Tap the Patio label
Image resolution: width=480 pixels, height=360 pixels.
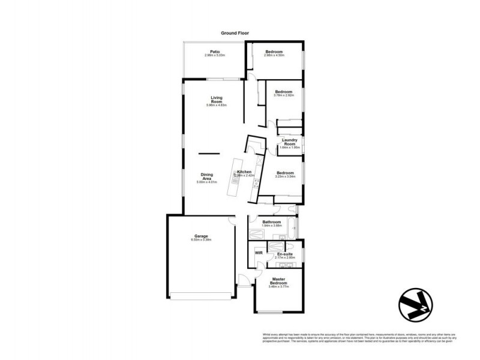coord(214,52)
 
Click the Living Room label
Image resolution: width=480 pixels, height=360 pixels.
coord(216,100)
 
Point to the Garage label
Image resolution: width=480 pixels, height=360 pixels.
coord(200,236)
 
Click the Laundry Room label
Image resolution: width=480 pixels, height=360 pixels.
coord(290,142)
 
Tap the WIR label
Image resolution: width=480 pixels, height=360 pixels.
coord(259,253)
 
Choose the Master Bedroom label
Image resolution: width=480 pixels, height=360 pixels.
coord(278,280)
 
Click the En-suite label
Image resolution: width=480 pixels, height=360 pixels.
coord(284,254)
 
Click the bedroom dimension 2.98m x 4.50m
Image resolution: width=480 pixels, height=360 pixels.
coord(274,55)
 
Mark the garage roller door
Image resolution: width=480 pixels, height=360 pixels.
coord(200,294)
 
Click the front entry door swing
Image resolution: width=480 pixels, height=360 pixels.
coord(244,280)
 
